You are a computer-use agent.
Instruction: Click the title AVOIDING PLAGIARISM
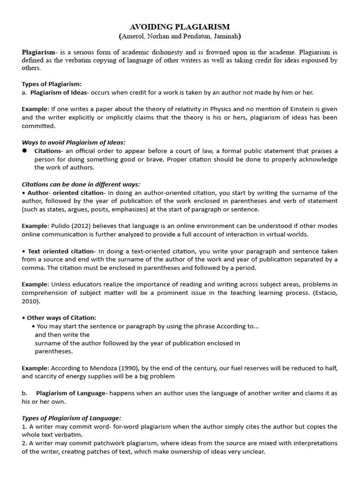coord(180,27)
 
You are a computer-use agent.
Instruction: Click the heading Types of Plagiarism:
coord(52,84)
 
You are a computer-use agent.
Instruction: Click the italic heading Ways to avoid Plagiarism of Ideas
coord(74,142)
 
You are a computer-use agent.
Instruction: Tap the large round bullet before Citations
coord(25,151)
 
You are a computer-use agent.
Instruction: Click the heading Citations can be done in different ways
coord(81,184)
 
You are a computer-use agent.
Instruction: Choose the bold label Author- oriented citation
coord(66,193)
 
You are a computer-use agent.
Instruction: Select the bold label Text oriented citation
coord(61,251)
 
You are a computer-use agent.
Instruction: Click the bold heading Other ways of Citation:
coord(61,317)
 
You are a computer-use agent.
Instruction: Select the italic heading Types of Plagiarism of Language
coord(71,418)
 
